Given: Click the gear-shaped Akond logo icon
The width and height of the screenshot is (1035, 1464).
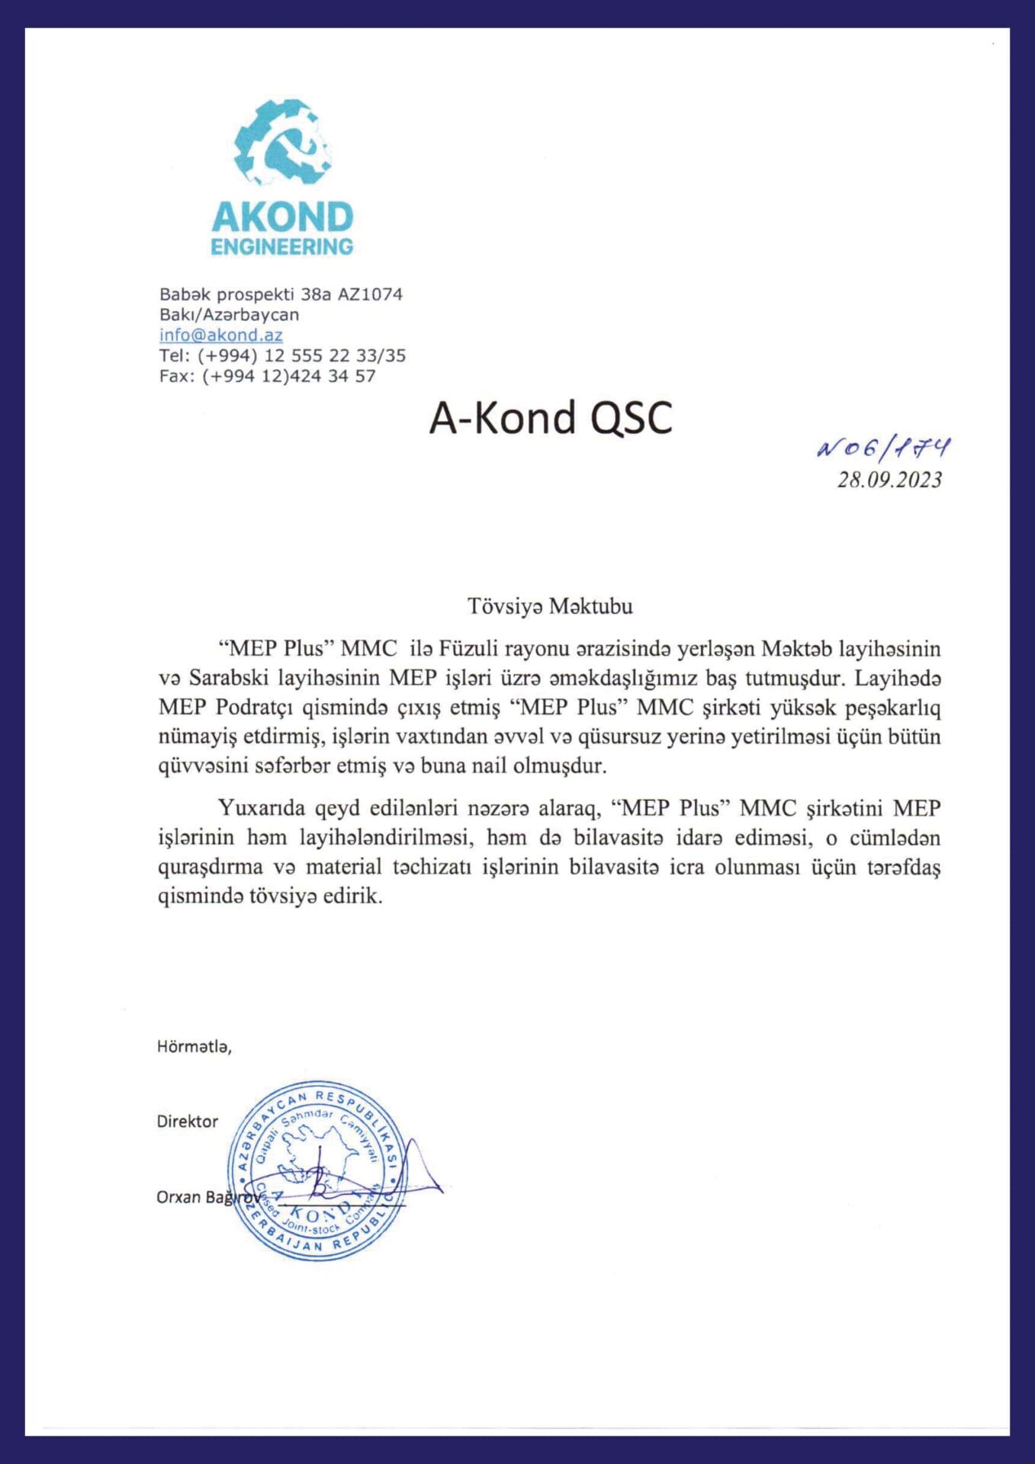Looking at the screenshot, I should [x=282, y=143].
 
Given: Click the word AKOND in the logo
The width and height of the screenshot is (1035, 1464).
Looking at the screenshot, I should [x=282, y=217].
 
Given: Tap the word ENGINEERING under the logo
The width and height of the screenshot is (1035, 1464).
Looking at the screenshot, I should [x=282, y=247].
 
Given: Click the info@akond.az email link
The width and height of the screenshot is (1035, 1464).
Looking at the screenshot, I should [x=221, y=335].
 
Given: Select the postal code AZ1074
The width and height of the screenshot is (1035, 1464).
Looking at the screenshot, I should [x=370, y=294].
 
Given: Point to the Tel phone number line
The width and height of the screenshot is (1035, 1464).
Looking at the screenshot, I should [x=282, y=355].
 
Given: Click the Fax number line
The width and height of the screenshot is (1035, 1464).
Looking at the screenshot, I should [x=267, y=376].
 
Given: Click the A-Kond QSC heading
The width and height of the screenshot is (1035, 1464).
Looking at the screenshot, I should [x=551, y=418].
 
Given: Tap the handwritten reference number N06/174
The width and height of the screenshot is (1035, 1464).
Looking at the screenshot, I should [x=883, y=448].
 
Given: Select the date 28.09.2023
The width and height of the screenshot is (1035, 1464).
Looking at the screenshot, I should [x=889, y=480].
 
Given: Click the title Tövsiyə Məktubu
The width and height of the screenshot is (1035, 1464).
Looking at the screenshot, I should [x=550, y=606].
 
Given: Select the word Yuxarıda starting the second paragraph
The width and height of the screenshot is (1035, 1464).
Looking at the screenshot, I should [x=263, y=808].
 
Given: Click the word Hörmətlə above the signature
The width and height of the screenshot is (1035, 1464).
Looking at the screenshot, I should [x=194, y=1047].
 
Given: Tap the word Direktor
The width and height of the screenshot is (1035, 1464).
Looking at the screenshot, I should [x=188, y=1121].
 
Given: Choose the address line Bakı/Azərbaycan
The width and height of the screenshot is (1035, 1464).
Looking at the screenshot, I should [x=229, y=315].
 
